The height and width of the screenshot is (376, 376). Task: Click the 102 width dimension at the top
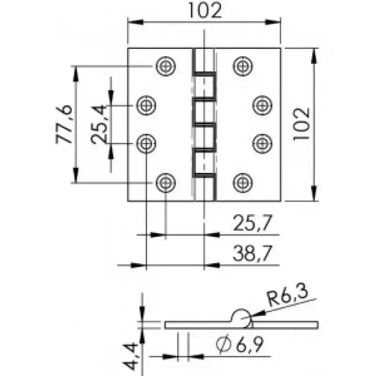(x=205, y=10)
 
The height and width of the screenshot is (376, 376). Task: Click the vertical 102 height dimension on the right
(x=301, y=124)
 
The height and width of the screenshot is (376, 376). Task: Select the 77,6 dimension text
(x=64, y=124)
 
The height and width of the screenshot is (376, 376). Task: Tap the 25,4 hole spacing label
(x=99, y=124)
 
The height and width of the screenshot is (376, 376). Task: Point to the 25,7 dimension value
(x=253, y=223)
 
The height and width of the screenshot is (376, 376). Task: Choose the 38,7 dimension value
(x=253, y=253)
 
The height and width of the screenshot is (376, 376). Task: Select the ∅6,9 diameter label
(x=240, y=345)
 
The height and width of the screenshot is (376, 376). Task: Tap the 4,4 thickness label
(x=131, y=356)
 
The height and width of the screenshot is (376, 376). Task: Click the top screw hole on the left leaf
(x=166, y=66)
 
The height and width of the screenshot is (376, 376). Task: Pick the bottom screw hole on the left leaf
(x=166, y=183)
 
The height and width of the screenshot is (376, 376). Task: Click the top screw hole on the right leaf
(x=243, y=66)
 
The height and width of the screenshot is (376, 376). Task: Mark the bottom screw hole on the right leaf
(x=243, y=183)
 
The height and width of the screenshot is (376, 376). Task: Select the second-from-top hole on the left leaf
(x=146, y=105)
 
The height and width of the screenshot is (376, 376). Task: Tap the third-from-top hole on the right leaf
(x=262, y=144)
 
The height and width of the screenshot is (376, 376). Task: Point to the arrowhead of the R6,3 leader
(x=258, y=314)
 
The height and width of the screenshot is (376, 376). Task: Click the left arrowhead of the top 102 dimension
(x=135, y=22)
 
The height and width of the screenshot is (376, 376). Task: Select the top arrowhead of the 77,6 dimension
(x=76, y=74)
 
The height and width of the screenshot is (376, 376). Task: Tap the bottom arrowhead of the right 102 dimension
(x=314, y=193)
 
